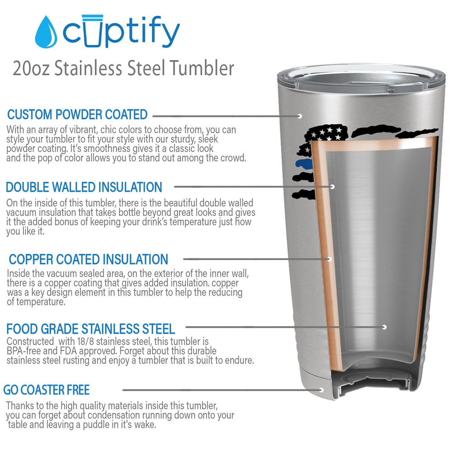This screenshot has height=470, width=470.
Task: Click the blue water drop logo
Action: click(46, 32)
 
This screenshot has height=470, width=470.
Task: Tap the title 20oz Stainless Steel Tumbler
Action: click(123, 68)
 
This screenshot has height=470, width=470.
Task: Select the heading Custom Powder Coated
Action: click(77, 114)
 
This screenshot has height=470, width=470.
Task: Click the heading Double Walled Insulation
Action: click(84, 187)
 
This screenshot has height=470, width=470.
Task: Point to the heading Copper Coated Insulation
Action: click(89, 259)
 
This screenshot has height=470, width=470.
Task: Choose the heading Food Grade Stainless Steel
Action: click(91, 329)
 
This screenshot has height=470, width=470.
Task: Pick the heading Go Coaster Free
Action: click(47, 390)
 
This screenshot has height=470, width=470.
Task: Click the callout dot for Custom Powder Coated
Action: click(300, 116)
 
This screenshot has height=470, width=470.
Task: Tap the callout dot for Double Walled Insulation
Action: click(332, 186)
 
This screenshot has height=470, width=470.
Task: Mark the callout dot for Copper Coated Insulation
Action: click(330, 259)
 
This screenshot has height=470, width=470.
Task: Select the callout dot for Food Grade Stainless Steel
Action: click(384, 327)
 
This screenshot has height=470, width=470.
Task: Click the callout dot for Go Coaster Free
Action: click(321, 390)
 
